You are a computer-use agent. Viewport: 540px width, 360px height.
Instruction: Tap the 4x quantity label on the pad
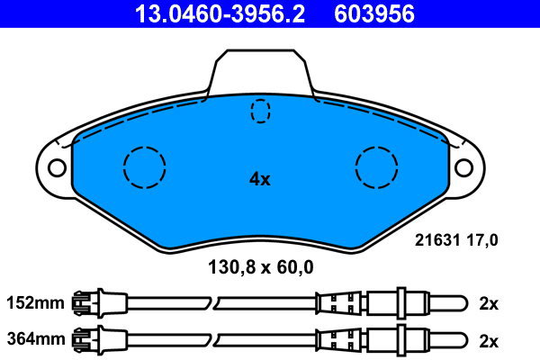coord(260,179)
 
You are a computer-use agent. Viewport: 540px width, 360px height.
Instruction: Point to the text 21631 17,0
coord(456,239)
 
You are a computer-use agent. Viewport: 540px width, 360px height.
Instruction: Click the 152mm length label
coord(35,304)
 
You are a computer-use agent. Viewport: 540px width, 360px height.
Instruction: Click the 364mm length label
coord(35,339)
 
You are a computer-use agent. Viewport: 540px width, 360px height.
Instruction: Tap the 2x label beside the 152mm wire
coord(489,304)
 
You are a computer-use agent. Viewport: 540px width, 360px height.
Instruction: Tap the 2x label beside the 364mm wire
coord(489,339)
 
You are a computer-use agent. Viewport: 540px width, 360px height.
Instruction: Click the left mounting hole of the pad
coord(56,167)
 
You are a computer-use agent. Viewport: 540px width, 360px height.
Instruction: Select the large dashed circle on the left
coord(145,166)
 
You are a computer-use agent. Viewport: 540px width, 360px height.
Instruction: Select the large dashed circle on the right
coord(377,166)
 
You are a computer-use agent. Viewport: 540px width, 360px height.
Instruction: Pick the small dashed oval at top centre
coord(260,110)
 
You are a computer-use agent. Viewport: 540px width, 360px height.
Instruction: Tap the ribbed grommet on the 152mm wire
coord(339,303)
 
